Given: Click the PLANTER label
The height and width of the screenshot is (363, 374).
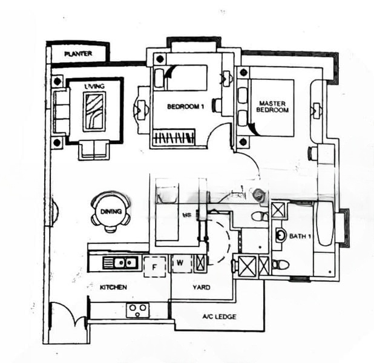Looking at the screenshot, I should tap(78, 54).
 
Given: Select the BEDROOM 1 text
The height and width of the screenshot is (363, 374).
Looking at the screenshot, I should tap(186, 107).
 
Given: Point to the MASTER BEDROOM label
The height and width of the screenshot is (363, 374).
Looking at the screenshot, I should tap(272, 106).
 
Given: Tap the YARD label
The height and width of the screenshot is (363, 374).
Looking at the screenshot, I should tap(200, 287).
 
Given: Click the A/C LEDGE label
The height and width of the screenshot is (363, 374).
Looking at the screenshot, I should tap(218, 316).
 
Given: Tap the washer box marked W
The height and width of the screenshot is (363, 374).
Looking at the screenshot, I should tap(180, 263).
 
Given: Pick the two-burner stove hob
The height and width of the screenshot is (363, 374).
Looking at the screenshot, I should tap(137, 310).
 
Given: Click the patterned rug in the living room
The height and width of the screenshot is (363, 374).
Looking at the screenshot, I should tap(95, 111).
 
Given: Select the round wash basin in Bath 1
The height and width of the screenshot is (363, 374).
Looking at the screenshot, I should tap(281, 235).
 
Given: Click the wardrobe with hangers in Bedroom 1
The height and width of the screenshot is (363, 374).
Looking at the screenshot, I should tap(174, 138).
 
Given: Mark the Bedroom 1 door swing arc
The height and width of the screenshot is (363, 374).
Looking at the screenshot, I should tap(220, 134).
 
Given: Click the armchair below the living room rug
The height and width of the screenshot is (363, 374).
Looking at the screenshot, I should tap(94, 149).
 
